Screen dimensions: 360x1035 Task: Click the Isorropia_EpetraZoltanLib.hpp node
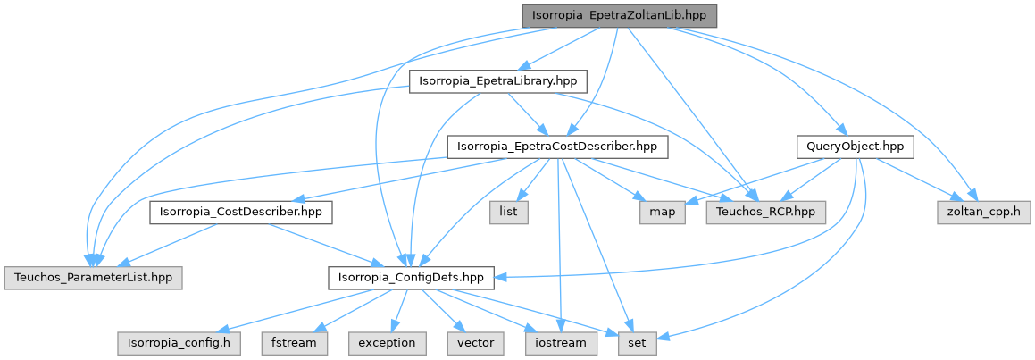pos(620,16)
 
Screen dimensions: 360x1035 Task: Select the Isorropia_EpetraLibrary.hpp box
pos(497,81)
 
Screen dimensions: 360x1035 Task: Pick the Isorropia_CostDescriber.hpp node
pos(240,213)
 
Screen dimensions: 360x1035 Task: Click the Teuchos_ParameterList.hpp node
pos(92,278)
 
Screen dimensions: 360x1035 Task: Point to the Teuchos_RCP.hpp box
pos(766,213)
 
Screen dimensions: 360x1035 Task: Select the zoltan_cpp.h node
pos(983,213)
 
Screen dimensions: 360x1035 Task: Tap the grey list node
pos(509,213)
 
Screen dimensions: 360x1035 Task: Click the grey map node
pos(662,213)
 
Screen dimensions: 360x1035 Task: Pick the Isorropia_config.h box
pos(179,343)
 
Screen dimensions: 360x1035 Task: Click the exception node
pos(387,343)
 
